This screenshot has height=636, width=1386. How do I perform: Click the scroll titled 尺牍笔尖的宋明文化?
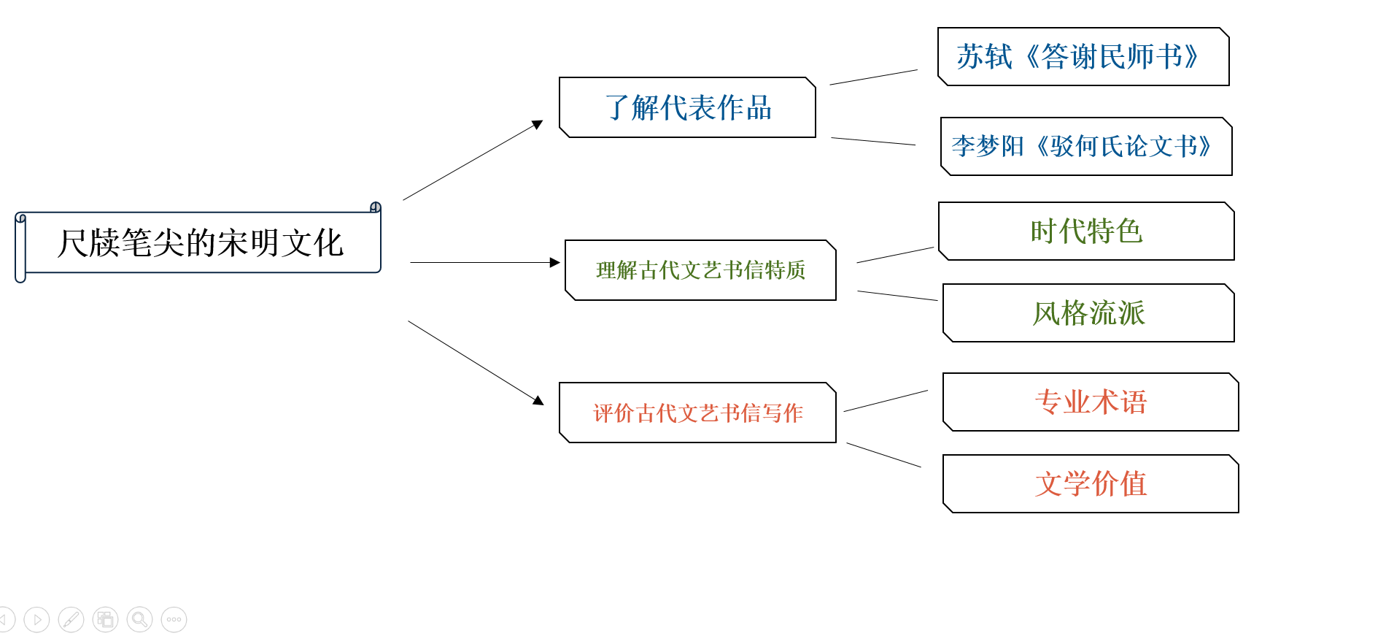pos(198,242)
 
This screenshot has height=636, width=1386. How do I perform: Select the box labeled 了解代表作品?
pos(687,107)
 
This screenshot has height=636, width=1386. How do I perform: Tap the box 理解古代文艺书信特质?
pos(700,270)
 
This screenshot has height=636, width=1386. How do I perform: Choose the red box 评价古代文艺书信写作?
pos(697,413)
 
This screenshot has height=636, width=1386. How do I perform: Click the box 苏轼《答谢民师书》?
pos(1083,57)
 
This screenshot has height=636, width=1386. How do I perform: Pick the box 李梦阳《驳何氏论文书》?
pos(1086,146)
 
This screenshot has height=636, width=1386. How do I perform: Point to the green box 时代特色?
pos(1086,231)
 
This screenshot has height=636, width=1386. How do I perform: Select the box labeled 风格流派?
pos(1088,313)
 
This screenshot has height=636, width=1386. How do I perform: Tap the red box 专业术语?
pos(1091,402)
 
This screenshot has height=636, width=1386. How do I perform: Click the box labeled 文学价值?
pos(1091,483)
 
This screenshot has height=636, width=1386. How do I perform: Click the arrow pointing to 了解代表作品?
pos(473,160)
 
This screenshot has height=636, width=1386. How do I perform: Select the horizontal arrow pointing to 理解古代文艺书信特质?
pos(485,262)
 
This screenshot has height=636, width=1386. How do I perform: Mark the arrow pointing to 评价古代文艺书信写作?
pos(476,362)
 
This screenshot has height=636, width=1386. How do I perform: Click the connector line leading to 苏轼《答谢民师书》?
pos(873,77)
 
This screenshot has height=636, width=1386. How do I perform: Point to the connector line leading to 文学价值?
pos(883,455)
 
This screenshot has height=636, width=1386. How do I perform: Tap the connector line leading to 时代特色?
pos(895,255)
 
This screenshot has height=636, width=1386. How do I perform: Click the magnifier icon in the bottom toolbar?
pos(139,620)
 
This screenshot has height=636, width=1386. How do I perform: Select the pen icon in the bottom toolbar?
pos(71,620)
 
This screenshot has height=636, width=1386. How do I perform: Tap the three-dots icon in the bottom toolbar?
pos(174,620)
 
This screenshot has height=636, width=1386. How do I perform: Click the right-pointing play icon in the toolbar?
pos(36,620)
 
